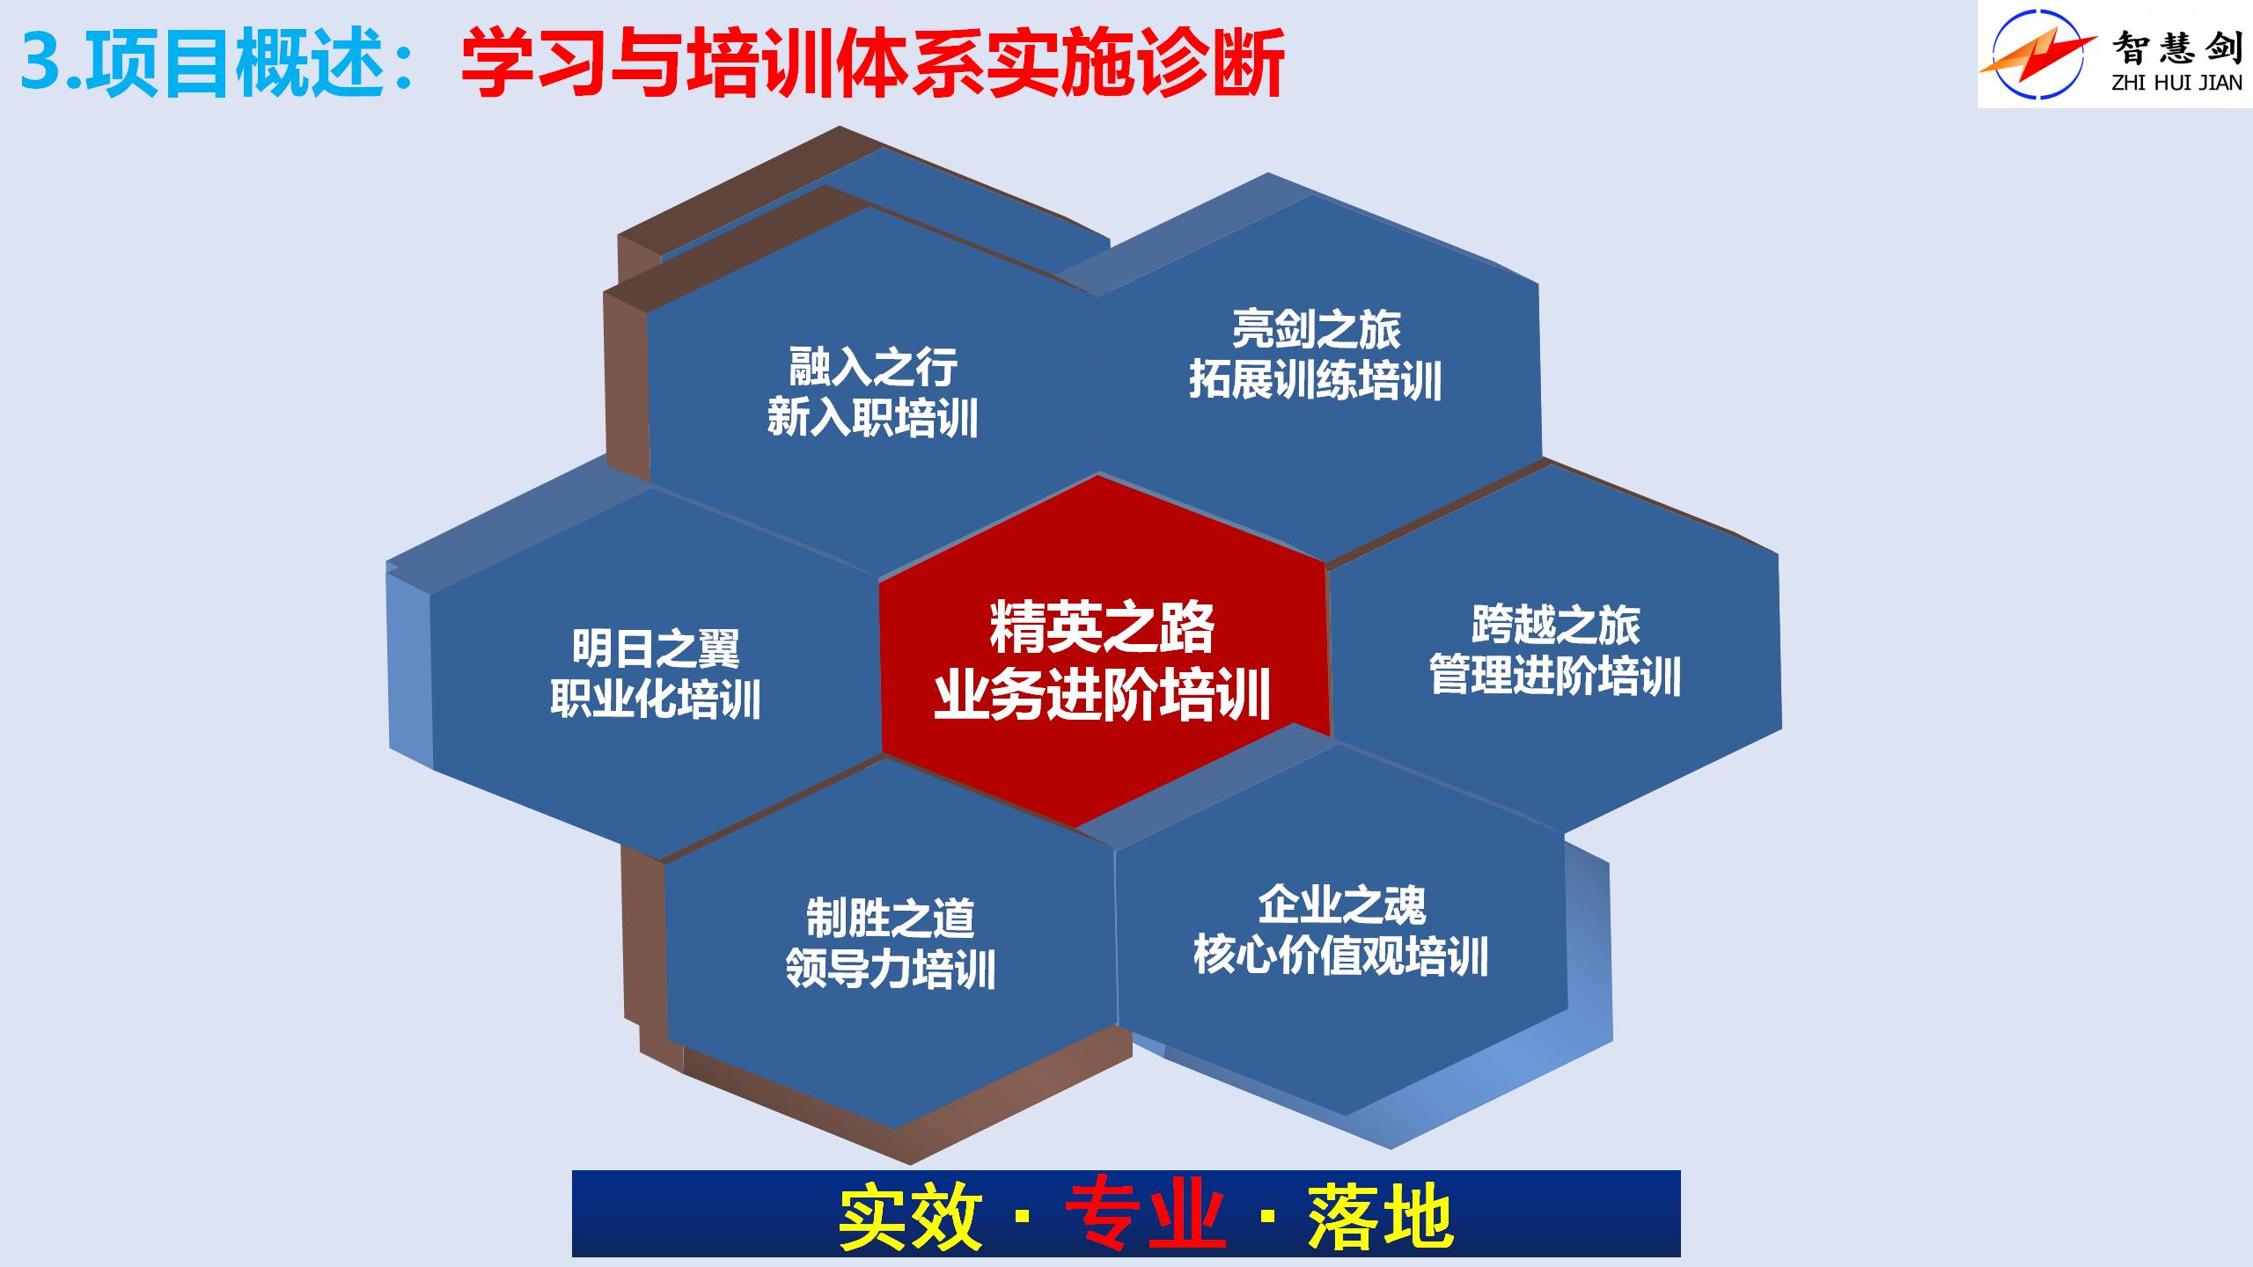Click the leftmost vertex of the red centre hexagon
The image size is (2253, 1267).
(879, 580)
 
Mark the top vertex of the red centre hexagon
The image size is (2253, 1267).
(1099, 475)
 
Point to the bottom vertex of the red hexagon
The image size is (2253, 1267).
(1075, 827)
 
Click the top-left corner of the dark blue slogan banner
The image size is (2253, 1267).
(572, 1170)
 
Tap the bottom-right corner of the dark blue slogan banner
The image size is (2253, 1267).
(1680, 1256)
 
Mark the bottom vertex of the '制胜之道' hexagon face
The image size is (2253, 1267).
(894, 1129)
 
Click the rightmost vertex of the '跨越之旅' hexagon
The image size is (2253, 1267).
(1782, 729)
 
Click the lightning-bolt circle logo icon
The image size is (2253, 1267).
(2038, 53)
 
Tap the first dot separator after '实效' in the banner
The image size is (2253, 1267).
(1022, 1216)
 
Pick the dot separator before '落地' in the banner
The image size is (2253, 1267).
(1267, 1216)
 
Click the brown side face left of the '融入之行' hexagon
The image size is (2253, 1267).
(626, 387)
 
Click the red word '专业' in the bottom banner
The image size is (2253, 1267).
(1144, 1217)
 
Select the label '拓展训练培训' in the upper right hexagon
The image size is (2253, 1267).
(1316, 381)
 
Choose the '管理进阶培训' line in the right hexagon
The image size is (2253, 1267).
(1555, 677)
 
